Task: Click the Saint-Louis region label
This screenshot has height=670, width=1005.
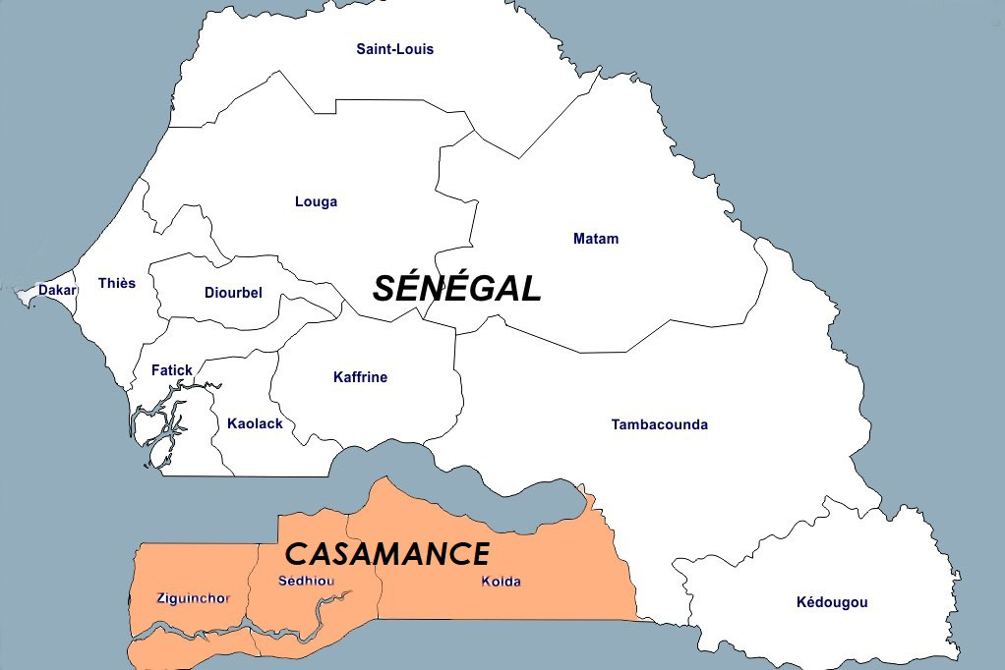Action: pos(394,49)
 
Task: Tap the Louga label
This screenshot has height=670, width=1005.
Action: pos(316,202)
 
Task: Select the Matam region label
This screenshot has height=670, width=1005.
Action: pos(596,239)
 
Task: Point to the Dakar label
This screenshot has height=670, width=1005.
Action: pos(57,290)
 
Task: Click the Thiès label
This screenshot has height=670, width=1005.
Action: pos(117,283)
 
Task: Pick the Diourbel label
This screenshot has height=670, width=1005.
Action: pos(233,293)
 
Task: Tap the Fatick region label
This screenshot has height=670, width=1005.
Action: pos(172,370)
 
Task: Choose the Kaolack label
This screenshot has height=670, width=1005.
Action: pos(255,423)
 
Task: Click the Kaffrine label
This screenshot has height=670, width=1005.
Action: pos(360,377)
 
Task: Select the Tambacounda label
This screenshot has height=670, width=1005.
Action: pos(659,424)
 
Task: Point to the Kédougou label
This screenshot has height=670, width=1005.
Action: pos(832,602)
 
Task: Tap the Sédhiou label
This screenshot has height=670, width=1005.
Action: pos(306,581)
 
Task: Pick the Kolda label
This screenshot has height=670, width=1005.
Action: pos(501,581)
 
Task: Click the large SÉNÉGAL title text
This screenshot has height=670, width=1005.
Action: pos(456,289)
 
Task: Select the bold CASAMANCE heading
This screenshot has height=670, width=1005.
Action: pos(386,554)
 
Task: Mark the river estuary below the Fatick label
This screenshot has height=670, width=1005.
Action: pos(163,422)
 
